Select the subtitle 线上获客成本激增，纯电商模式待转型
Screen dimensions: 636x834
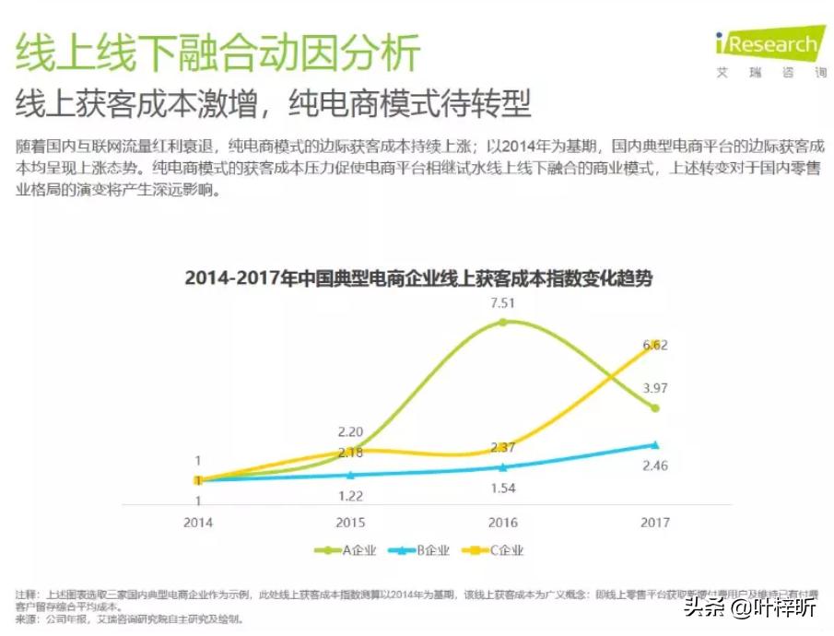coord(274,102)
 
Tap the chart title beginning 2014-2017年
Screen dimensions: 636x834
coord(418,277)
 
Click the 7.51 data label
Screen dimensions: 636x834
coord(502,302)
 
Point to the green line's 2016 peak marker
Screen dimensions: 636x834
coord(502,322)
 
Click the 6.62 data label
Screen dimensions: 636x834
coord(654,345)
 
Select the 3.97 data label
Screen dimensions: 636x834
coord(654,387)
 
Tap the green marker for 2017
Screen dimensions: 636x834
coord(654,407)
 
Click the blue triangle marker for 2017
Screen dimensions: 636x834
coord(654,444)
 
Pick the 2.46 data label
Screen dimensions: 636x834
coord(654,465)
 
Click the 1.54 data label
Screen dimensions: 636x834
coord(502,488)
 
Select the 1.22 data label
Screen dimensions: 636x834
coord(350,496)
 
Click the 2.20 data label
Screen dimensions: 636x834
coord(350,431)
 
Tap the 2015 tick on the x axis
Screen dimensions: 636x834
coord(350,522)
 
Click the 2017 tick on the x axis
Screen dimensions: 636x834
coord(654,522)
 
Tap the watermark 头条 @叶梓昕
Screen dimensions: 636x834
coord(748,608)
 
